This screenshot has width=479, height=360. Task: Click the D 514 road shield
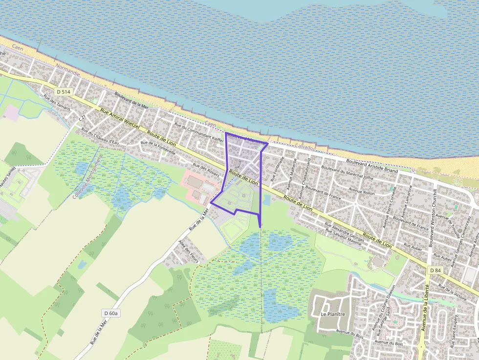[63, 91]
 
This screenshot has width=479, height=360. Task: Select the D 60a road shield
[110, 313]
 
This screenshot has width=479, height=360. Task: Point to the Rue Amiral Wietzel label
[120, 119]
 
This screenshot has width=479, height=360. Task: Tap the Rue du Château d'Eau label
[100, 136]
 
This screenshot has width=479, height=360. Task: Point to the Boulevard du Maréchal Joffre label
[348, 174]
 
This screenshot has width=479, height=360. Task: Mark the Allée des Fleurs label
[189, 252]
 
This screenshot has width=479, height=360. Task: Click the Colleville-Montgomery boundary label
[87, 176]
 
